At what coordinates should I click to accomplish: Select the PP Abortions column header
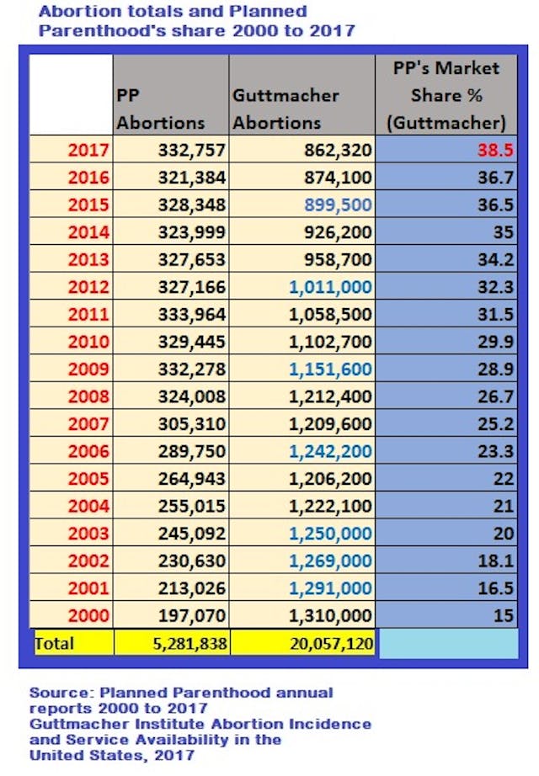[x=160, y=109]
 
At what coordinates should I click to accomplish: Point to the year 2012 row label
[x=88, y=287]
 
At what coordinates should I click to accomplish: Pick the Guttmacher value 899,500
[x=337, y=205]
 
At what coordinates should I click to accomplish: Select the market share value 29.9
[x=496, y=342]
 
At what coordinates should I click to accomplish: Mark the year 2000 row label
[x=88, y=615]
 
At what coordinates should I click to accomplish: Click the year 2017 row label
[x=88, y=151]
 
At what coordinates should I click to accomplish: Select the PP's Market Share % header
[x=446, y=95]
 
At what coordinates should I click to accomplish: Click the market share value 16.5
[x=496, y=587]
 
